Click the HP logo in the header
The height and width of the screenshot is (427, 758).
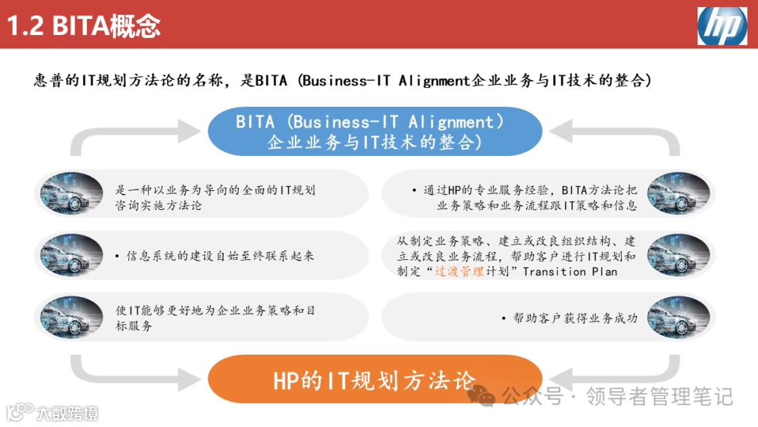pyautogui.click(x=722, y=26)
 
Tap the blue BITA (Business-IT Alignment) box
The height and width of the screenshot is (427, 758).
pyautogui.click(x=375, y=131)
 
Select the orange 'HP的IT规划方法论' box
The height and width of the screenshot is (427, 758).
pyautogui.click(x=375, y=379)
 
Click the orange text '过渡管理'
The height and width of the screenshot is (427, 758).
pyautogui.click(x=460, y=272)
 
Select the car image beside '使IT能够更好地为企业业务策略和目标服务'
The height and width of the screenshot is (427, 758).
pyautogui.click(x=72, y=317)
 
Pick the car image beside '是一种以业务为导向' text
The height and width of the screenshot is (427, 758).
pyautogui.click(x=72, y=193)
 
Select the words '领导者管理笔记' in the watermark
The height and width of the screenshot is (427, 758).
pyautogui.click(x=659, y=397)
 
